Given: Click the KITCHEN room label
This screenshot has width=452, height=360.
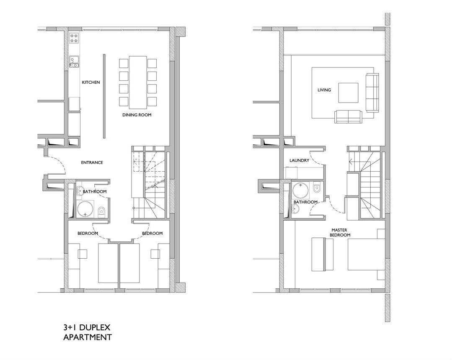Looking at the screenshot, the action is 91,82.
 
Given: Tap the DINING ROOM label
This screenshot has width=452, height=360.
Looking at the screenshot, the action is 137,115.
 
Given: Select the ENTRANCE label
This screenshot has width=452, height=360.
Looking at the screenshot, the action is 92,162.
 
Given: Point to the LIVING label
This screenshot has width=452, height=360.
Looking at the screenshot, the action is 324,90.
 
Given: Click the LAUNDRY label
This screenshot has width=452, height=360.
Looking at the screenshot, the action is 299,160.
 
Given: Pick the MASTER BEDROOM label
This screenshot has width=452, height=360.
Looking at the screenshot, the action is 340,232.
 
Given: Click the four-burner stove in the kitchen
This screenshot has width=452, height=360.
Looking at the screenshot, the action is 74,39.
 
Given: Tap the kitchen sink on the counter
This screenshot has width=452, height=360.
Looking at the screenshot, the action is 74,62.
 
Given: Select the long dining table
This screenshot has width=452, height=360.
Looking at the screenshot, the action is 138,82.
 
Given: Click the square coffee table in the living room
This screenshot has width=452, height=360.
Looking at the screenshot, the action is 348,93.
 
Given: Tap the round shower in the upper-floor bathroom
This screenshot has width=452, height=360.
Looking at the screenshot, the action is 301,190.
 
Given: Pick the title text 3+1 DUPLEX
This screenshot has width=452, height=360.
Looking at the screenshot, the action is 87,327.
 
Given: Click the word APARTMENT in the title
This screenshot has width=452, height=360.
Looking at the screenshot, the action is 88,337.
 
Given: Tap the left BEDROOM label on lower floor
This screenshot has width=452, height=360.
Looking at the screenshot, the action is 88,233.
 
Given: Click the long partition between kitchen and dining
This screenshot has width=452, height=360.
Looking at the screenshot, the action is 104,96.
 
